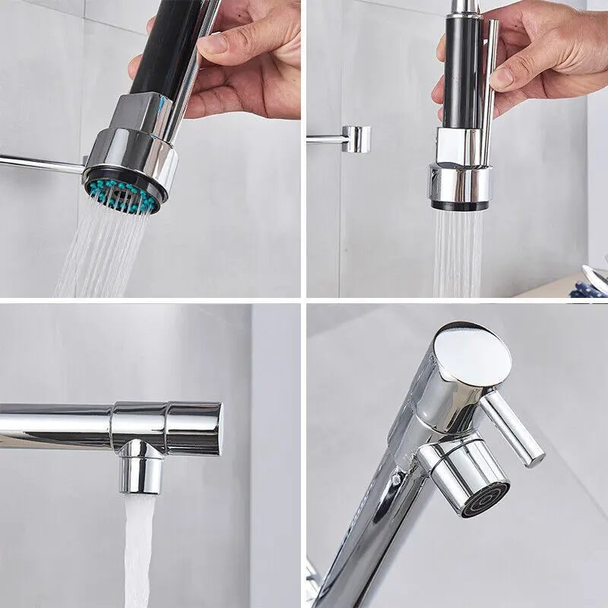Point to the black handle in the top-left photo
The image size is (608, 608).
[171, 46]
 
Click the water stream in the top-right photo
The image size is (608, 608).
[458, 251]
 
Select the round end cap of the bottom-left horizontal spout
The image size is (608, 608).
[218, 429]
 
